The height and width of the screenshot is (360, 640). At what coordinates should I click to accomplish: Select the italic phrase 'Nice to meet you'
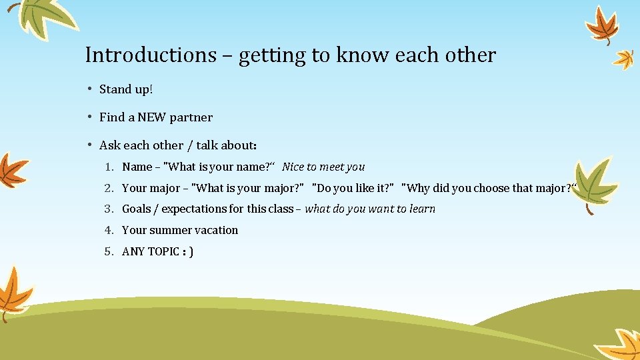click(x=323, y=167)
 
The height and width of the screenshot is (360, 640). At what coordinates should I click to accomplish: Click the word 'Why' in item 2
click(x=418, y=188)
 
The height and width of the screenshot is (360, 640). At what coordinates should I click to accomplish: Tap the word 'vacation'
click(x=217, y=230)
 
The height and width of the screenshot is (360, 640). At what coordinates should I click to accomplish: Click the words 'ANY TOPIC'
click(x=151, y=251)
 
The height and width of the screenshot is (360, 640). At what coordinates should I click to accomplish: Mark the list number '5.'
click(x=109, y=251)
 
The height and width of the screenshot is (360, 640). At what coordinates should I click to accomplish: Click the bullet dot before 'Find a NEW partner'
click(x=89, y=118)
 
